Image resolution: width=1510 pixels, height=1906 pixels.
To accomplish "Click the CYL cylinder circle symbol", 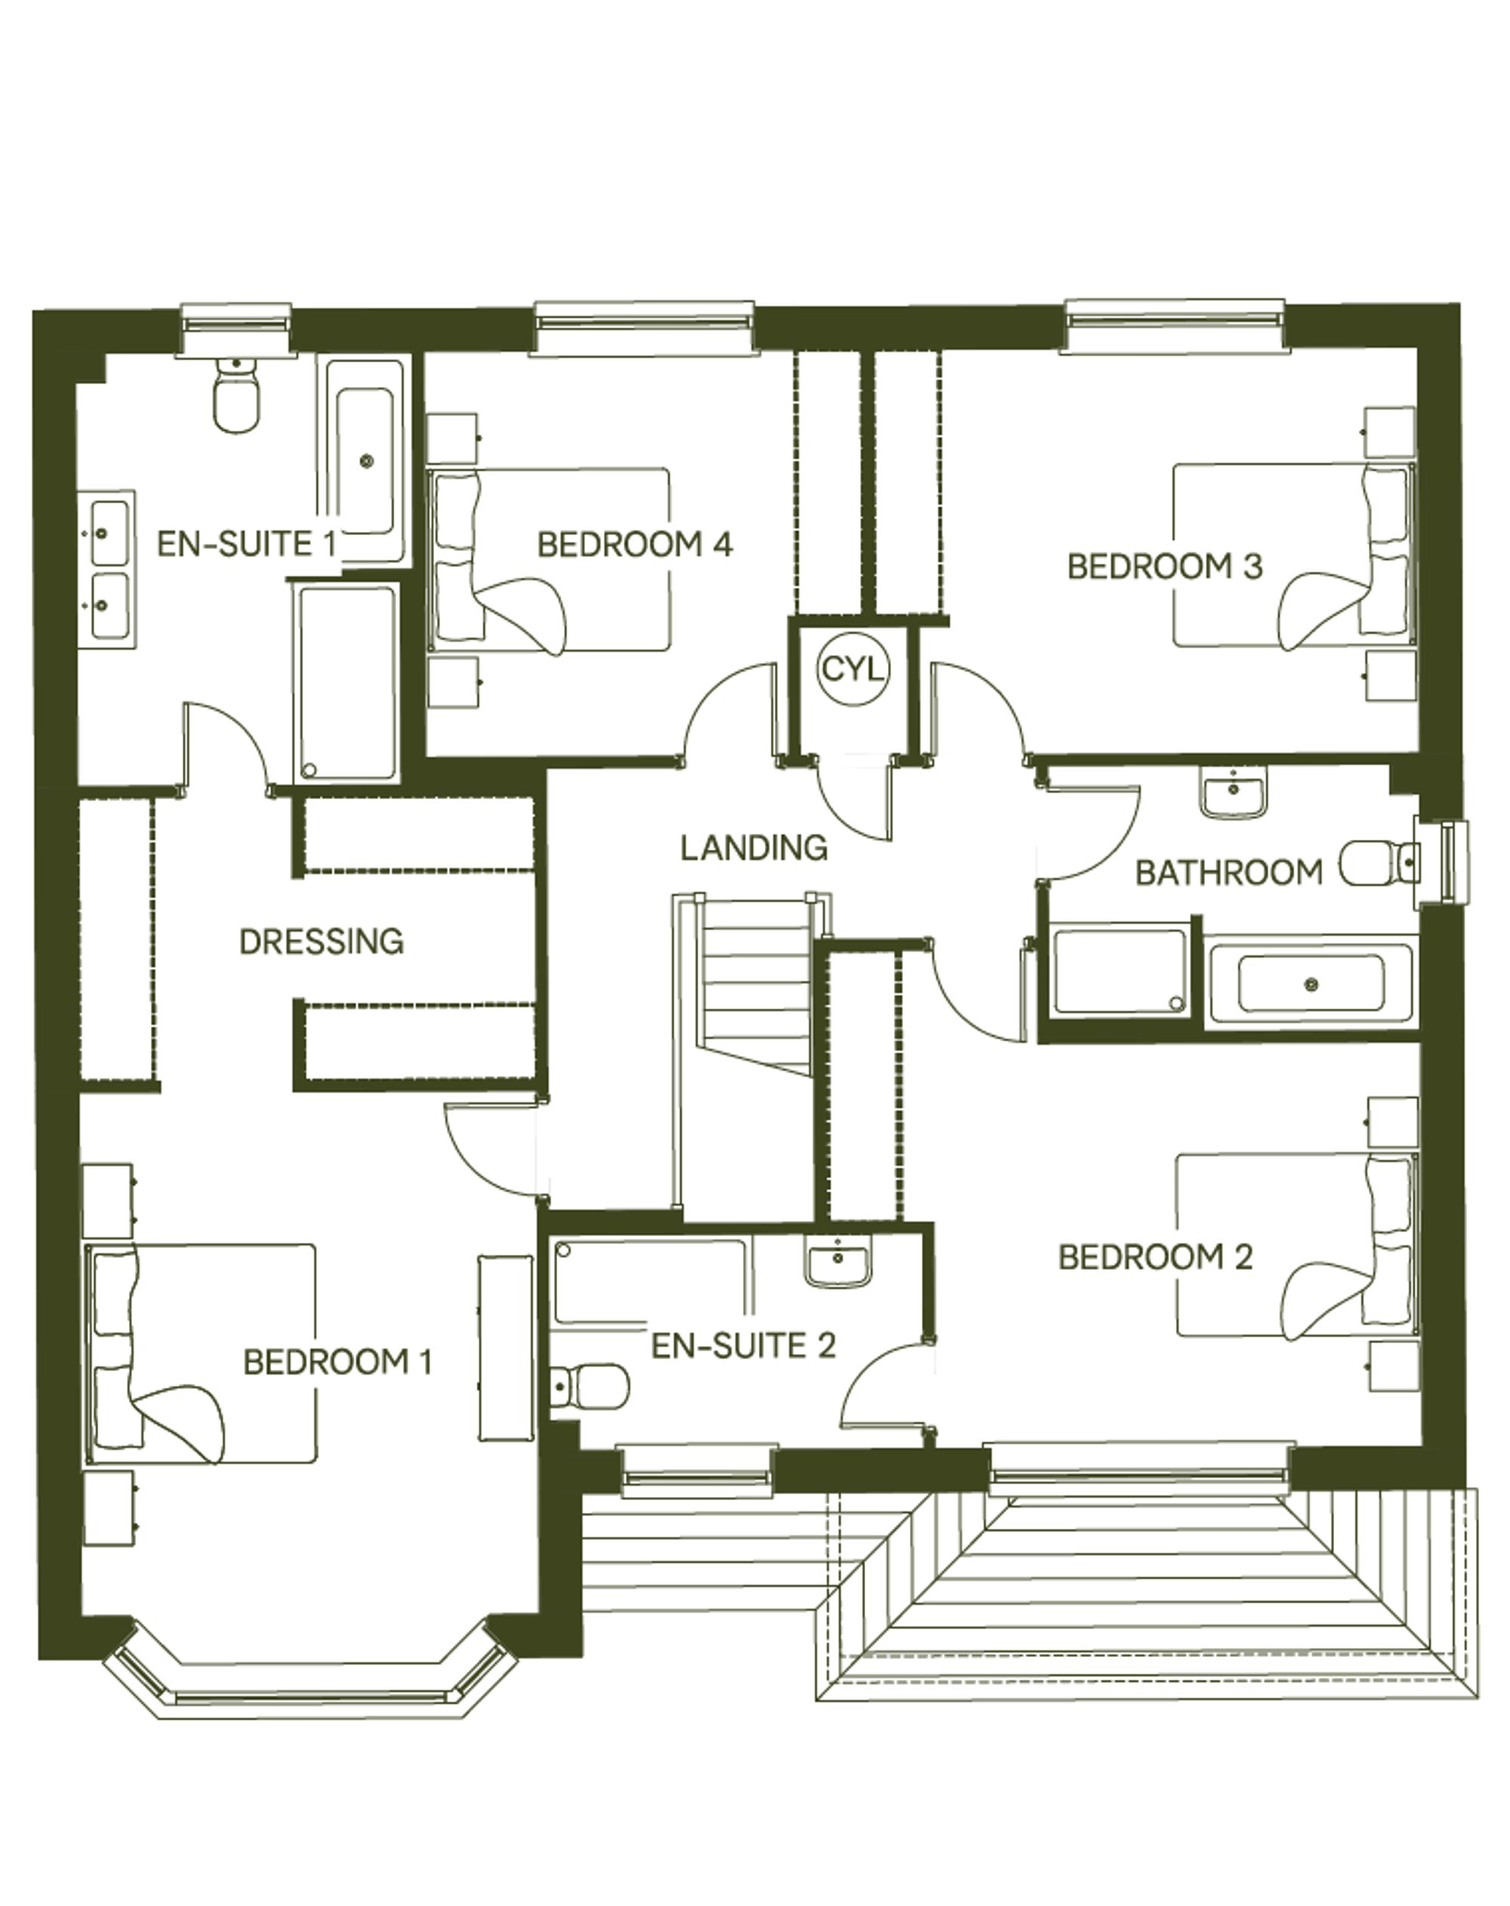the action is (x=852, y=669).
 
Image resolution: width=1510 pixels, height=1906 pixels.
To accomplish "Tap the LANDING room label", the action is (x=753, y=848).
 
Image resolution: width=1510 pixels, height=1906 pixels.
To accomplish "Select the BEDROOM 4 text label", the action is (x=635, y=544).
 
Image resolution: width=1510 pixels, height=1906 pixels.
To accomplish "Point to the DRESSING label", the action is (x=321, y=942).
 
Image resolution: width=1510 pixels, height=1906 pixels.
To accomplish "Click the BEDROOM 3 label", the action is (x=1164, y=567).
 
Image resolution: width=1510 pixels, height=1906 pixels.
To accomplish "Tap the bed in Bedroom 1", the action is (x=201, y=1354).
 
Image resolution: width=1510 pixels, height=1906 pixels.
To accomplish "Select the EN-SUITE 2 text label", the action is (x=743, y=1346).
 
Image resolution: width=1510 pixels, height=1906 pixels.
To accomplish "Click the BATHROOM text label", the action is (x=1229, y=873).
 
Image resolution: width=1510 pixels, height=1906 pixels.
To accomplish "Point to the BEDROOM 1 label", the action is (x=337, y=1363).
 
